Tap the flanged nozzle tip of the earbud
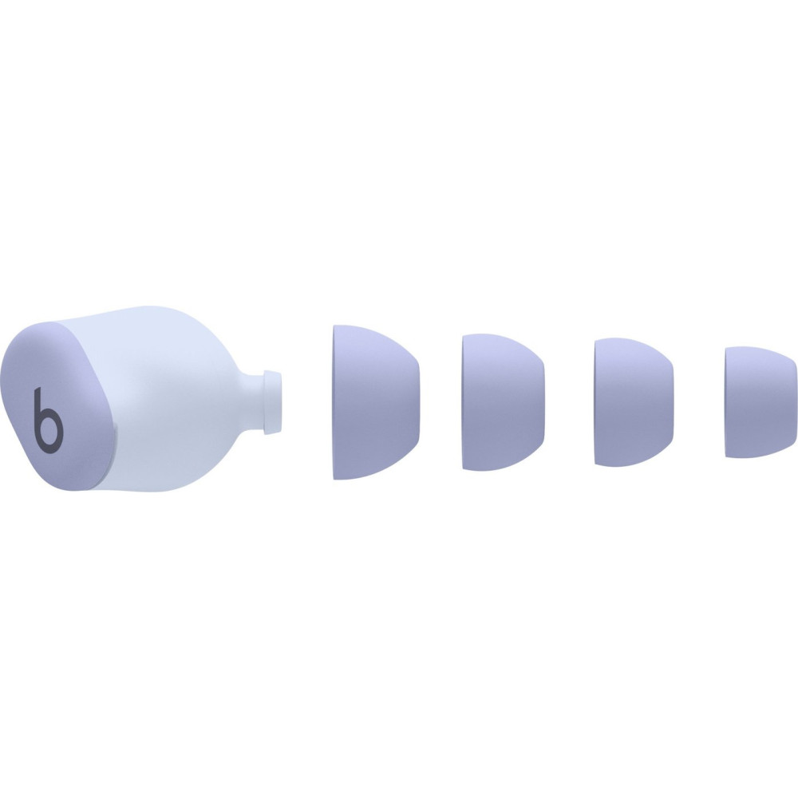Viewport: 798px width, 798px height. pyautogui.click(x=272, y=402)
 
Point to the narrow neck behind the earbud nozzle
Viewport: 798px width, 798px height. pyautogui.click(x=252, y=402)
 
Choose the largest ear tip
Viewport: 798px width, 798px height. pyautogui.click(x=377, y=402)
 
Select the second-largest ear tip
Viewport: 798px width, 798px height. pyautogui.click(x=504, y=402)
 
